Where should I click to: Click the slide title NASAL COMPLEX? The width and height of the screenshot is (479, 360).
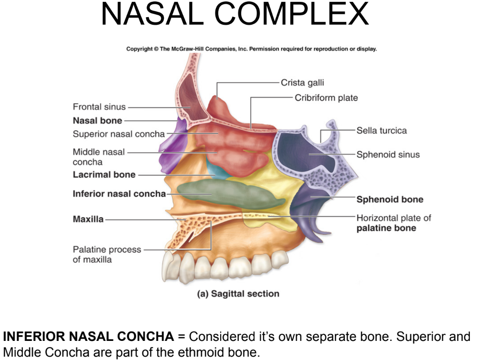[235, 15]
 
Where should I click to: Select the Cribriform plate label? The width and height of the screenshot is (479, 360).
[326, 98]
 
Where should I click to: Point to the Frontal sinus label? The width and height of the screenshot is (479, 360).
[99, 107]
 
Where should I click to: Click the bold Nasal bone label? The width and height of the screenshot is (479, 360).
[97, 120]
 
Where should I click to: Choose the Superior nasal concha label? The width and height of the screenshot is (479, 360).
[118, 134]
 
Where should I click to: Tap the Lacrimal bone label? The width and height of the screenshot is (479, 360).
[104, 175]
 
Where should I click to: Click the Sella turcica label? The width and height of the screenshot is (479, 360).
[382, 130]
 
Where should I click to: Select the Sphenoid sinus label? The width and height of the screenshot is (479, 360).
[388, 155]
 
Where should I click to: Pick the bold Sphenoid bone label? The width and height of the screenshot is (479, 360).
[390, 200]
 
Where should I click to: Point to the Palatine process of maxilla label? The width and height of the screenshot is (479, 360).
[107, 254]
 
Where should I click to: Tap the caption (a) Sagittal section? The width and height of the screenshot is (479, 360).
[238, 294]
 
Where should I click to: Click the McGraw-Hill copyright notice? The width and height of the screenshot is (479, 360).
[252, 49]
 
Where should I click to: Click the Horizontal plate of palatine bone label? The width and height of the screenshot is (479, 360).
[394, 223]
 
